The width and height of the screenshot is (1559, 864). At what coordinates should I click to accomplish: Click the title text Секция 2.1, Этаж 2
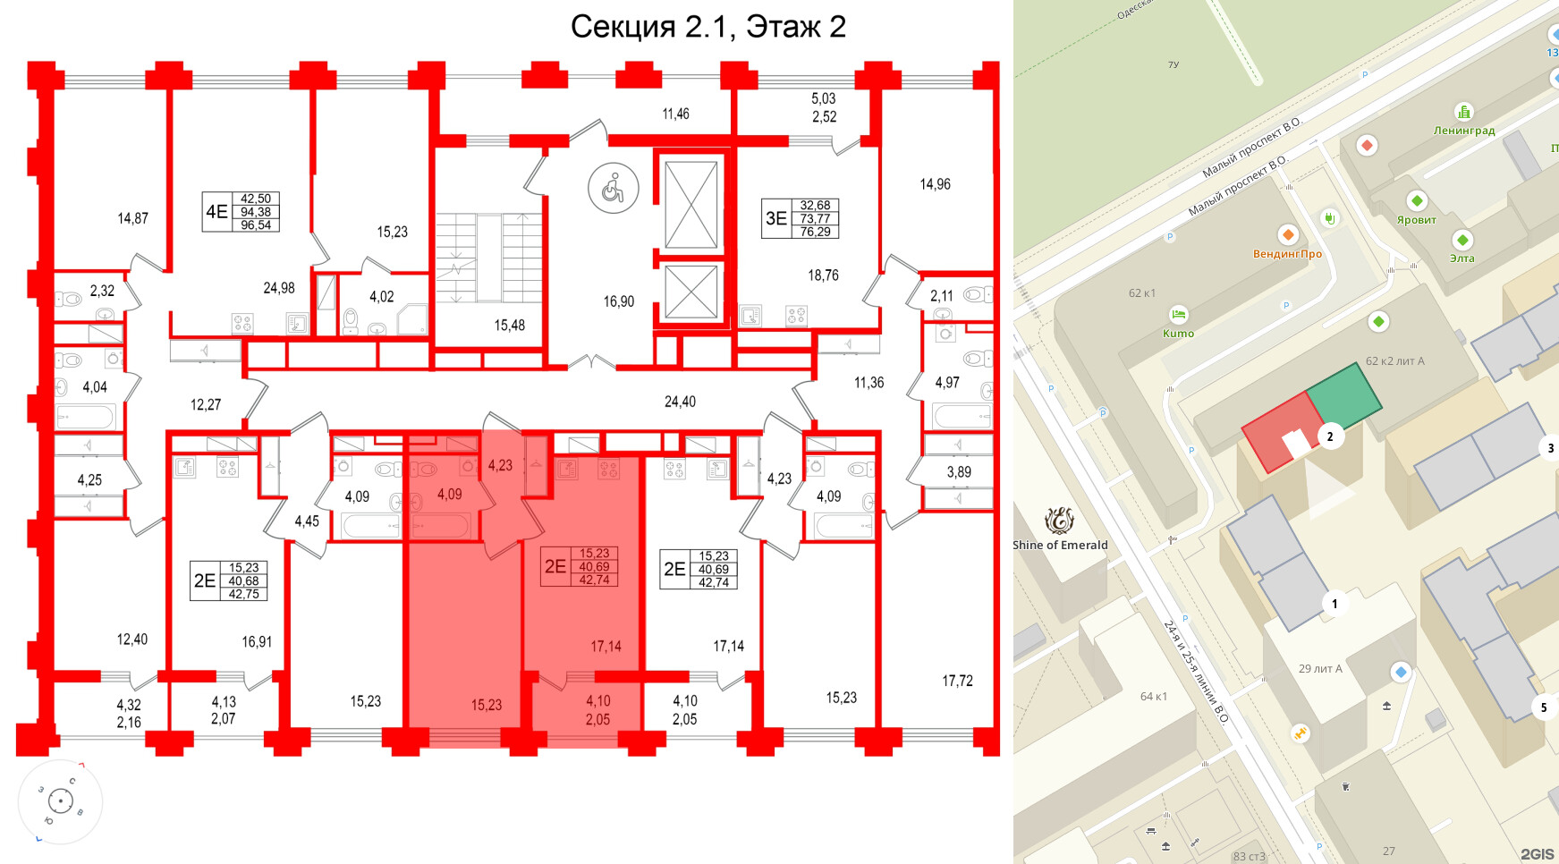(707, 27)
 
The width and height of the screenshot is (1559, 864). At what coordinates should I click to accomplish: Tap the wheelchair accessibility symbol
(613, 189)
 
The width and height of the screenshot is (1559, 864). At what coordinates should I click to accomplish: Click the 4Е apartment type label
(216, 212)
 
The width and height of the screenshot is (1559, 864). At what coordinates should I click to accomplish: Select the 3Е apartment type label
(775, 218)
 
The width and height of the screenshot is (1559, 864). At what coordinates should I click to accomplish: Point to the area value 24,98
(278, 288)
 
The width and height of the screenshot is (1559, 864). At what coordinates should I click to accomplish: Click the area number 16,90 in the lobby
(618, 301)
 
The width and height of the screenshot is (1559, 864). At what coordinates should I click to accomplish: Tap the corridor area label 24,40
(680, 402)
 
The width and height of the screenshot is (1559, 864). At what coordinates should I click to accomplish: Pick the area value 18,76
(823, 275)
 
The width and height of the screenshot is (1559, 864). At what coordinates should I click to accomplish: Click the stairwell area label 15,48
(509, 326)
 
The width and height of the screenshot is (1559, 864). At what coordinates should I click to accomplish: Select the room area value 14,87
(132, 218)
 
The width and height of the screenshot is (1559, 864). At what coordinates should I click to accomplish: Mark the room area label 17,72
(957, 681)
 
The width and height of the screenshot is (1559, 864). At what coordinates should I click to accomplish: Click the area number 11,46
(675, 114)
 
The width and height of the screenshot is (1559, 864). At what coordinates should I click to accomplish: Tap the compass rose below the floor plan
(60, 801)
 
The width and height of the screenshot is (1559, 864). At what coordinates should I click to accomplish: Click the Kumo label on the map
(1178, 334)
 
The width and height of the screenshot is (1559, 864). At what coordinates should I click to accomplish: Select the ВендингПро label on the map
(1287, 254)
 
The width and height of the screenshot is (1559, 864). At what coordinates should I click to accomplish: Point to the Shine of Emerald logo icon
(1059, 520)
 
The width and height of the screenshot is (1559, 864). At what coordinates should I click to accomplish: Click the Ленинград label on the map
(1464, 131)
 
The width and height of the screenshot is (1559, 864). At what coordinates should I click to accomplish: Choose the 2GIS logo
(1537, 854)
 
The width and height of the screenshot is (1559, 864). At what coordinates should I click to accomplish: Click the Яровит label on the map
(1416, 220)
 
